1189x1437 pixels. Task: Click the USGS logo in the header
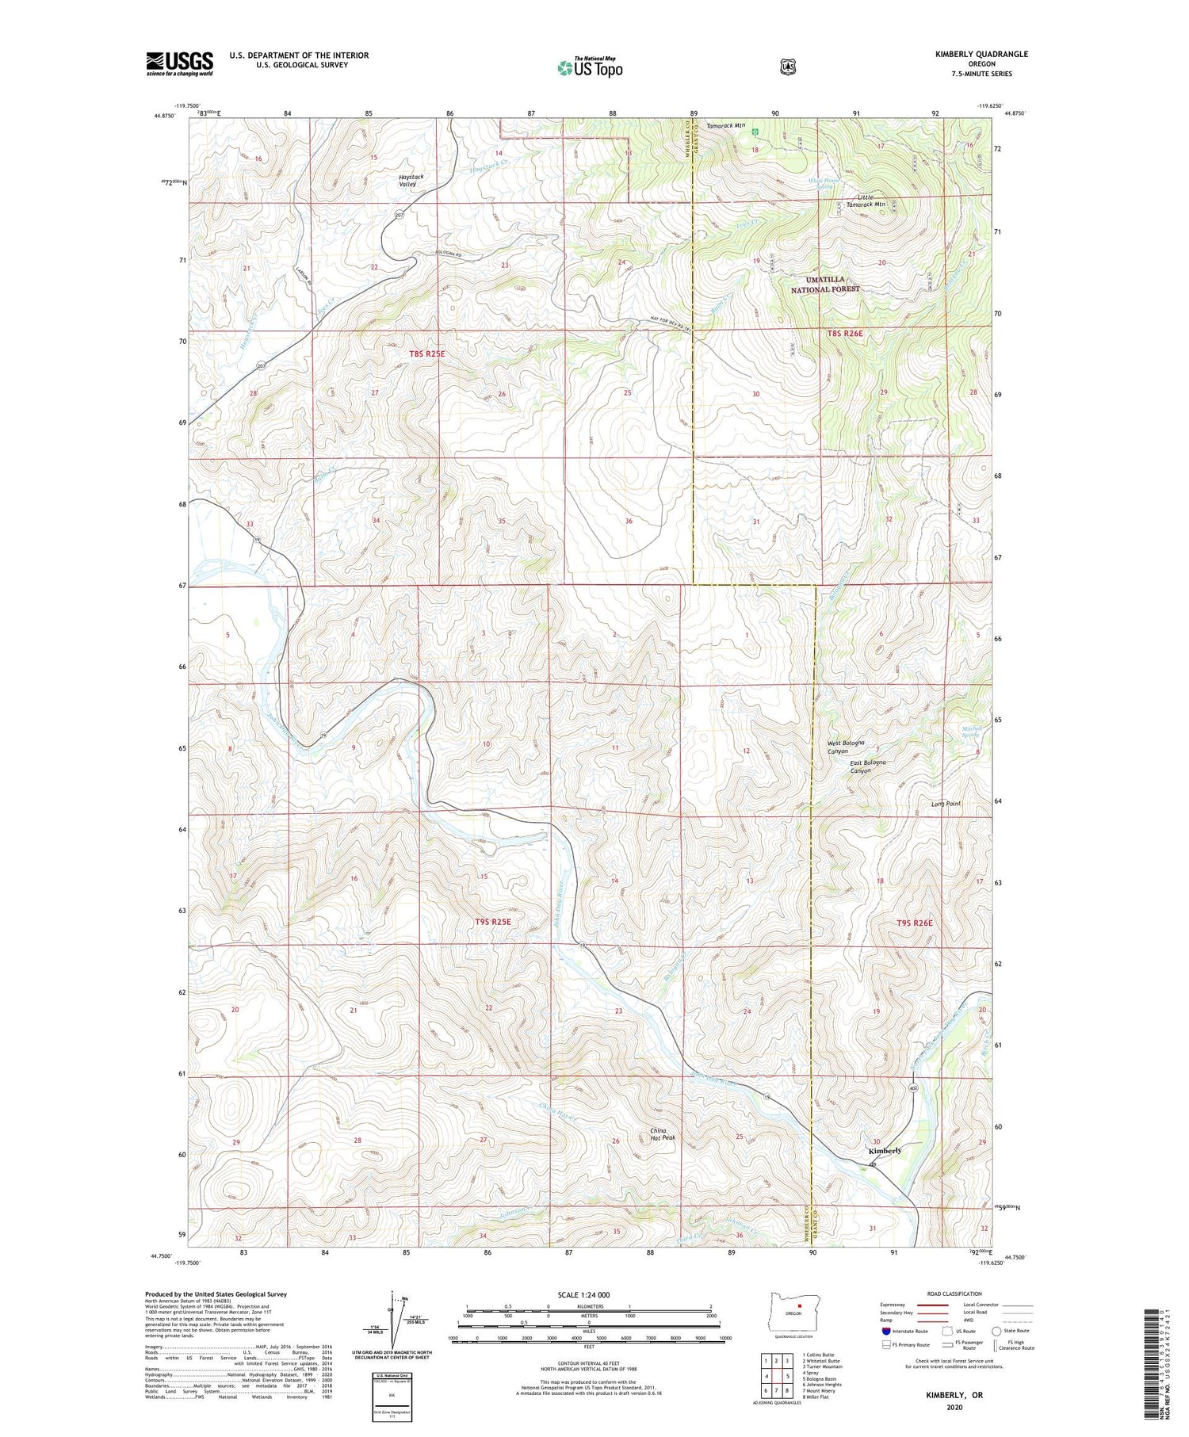point(179,63)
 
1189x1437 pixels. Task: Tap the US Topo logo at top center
point(590,67)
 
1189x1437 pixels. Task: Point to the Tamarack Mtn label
point(725,125)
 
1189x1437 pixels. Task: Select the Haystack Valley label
point(411,180)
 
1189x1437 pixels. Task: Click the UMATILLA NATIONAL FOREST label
point(824,285)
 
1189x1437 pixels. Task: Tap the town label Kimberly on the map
point(885,1150)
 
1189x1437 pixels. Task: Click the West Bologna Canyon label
point(845,747)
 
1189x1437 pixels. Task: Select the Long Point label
point(946,804)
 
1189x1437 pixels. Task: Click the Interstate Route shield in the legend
point(885,1332)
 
